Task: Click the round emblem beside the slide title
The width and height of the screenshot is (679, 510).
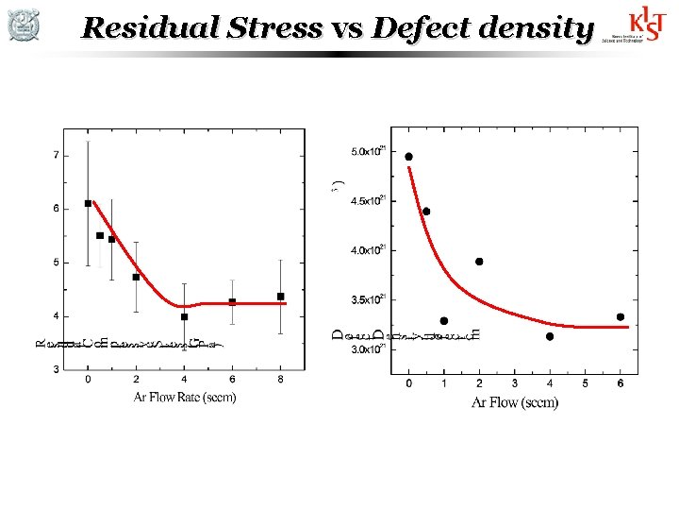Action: tap(24, 25)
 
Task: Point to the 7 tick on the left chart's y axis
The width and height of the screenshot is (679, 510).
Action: tap(57, 154)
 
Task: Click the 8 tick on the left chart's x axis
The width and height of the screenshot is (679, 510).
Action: tap(280, 381)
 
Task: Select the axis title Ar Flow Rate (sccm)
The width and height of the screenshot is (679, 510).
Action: tap(185, 397)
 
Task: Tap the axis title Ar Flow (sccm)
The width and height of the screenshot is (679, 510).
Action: tap(515, 403)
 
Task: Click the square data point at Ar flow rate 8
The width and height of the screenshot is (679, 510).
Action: tap(280, 297)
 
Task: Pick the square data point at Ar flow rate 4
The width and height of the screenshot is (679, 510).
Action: tap(184, 317)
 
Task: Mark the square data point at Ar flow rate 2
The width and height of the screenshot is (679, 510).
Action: tap(136, 277)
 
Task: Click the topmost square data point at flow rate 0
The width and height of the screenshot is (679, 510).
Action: tap(88, 203)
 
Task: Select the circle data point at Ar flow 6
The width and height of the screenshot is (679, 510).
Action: tap(621, 317)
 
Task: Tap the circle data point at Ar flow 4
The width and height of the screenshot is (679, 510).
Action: tap(550, 336)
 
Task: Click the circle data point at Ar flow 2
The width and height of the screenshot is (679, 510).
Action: tap(479, 262)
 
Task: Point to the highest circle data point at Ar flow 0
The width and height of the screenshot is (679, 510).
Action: tap(408, 157)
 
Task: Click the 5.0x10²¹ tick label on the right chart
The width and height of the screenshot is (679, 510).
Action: tap(367, 151)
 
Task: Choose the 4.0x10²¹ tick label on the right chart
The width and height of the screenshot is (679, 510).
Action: tap(367, 250)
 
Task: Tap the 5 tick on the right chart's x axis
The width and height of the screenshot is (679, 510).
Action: tap(585, 383)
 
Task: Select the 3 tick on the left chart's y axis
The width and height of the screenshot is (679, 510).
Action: tap(57, 369)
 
